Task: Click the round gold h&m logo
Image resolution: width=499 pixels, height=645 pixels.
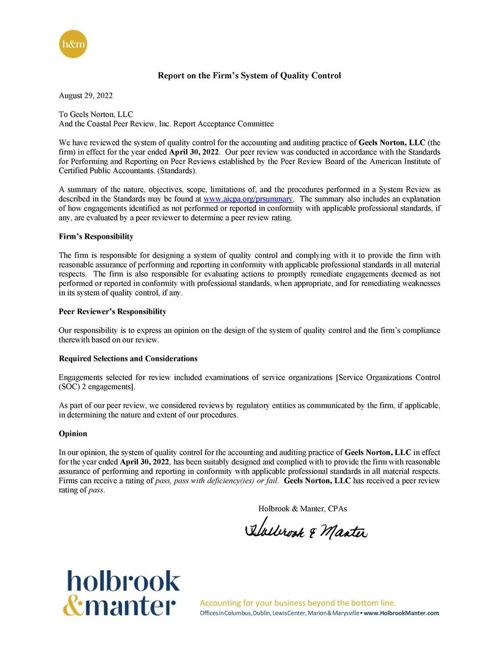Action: [73, 44]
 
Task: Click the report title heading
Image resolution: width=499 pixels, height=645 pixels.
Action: [249, 75]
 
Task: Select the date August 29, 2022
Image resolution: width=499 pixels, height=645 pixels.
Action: [85, 96]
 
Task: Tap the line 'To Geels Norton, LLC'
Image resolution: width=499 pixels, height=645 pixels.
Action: [96, 114]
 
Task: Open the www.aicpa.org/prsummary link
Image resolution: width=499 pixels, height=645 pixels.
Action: [248, 199]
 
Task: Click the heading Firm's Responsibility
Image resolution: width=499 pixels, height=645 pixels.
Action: [96, 236]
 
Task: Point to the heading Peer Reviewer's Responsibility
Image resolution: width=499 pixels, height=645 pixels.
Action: [112, 311]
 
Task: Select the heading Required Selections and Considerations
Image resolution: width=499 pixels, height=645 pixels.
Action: [128, 359]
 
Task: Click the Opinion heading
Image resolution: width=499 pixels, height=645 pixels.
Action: [73, 434]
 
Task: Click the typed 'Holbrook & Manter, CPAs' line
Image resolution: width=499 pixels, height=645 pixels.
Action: [303, 509]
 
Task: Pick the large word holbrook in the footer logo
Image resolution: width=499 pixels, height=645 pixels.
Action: [123, 581]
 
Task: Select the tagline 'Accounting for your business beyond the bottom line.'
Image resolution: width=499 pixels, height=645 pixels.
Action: [298, 603]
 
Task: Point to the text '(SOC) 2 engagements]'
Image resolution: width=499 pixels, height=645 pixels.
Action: [97, 387]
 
